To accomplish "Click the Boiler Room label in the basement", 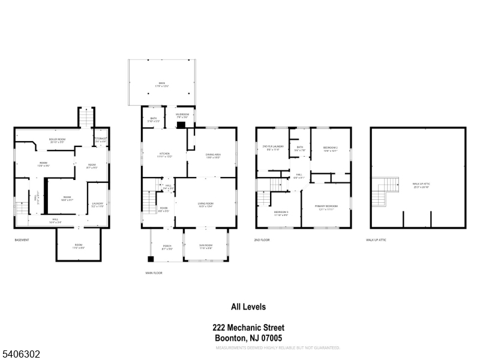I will point(57,140).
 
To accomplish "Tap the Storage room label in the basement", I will point(101,140).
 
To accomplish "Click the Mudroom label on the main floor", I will point(182,115).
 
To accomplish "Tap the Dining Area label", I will point(214,156).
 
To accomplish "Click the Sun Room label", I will point(205,246).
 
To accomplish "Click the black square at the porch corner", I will point(151,259).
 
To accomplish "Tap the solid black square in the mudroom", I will point(181,125).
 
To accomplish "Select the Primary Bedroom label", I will point(326,207).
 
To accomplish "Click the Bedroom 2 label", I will point(331,149).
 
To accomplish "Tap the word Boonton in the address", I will point(229,338).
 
